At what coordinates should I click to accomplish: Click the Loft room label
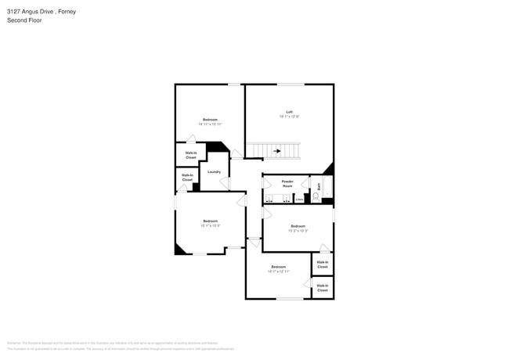(x=289, y=112)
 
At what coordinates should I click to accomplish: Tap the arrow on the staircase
(x=277, y=151)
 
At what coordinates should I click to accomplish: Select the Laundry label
(x=214, y=171)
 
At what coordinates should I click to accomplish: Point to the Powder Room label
(x=287, y=183)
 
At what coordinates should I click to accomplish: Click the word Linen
(x=299, y=200)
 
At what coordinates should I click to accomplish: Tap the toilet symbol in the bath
(x=316, y=197)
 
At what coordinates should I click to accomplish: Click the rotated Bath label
(x=319, y=186)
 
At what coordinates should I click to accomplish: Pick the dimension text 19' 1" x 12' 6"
(x=289, y=117)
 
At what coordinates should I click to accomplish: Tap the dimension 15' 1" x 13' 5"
(x=210, y=225)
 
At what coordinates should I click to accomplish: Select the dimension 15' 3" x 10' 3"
(x=298, y=231)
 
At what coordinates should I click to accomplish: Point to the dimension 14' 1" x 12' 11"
(x=278, y=272)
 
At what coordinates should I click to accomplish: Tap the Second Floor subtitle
(x=24, y=20)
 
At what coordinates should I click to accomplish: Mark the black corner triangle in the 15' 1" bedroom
(x=179, y=249)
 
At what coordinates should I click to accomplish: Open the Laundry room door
(x=226, y=184)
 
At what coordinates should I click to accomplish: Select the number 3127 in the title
(x=14, y=12)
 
